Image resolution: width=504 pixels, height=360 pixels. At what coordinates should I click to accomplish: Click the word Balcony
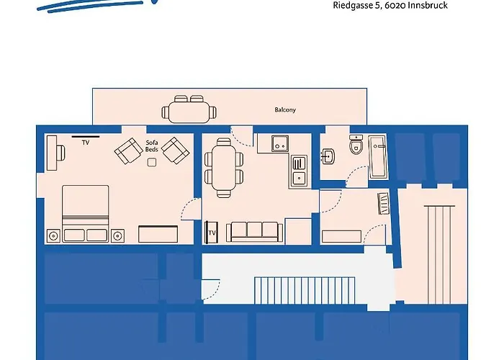pyautogui.click(x=285, y=110)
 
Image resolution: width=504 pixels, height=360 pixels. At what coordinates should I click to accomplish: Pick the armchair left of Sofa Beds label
pyautogui.click(x=129, y=150)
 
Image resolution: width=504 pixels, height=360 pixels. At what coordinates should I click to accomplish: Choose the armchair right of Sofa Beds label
pyautogui.click(x=174, y=149)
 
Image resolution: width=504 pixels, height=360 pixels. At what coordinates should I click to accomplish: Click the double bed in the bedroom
pyautogui.click(x=86, y=213)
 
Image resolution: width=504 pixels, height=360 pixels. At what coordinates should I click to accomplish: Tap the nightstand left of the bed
pyautogui.click(x=53, y=235)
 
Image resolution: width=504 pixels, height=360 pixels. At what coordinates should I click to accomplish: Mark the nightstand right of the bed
pyautogui.click(x=118, y=235)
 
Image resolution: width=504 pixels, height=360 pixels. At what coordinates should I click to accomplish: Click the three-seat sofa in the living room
pyautogui.click(x=253, y=231)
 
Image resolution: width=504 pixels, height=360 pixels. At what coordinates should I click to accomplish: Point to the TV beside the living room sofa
pyautogui.click(x=212, y=232)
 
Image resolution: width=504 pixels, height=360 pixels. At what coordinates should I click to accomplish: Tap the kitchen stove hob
pyautogui.click(x=280, y=143)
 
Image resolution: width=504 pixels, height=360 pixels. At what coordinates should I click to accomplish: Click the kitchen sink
pyautogui.click(x=299, y=171)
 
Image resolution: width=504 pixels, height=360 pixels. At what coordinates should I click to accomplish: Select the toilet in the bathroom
pyautogui.click(x=354, y=145)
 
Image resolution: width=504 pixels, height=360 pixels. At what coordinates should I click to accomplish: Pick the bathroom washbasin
pyautogui.click(x=328, y=155)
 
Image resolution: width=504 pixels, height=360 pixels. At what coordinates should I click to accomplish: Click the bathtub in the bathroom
pyautogui.click(x=378, y=156)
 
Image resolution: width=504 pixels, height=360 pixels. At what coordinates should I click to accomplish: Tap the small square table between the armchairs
pyautogui.click(x=152, y=162)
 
